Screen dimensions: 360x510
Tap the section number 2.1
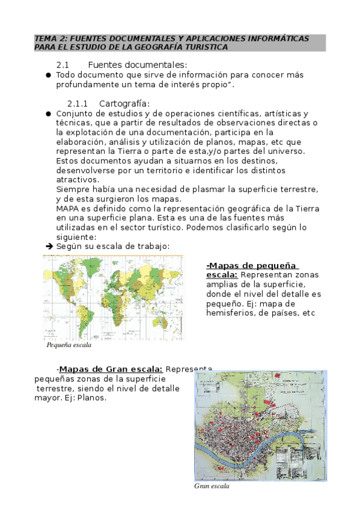(x=64, y=64)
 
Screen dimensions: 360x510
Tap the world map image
(x=113, y=297)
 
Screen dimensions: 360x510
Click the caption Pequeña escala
(x=69, y=346)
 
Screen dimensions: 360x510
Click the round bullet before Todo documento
(x=48, y=75)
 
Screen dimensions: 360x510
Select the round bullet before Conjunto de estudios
(x=48, y=113)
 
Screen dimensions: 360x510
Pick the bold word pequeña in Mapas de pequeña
(x=275, y=265)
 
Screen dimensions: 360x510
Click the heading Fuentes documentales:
(x=138, y=64)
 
